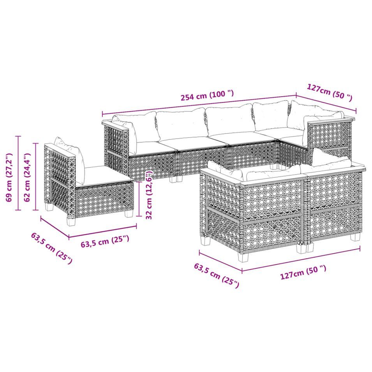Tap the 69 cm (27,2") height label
(9, 178)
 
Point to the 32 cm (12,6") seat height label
(149, 195)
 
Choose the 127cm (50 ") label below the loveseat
(303, 273)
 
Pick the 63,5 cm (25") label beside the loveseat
(216, 275)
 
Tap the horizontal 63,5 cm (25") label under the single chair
(105, 242)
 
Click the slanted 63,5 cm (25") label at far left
(51, 249)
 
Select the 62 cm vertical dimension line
(35, 177)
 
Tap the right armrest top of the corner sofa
(331, 120)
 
